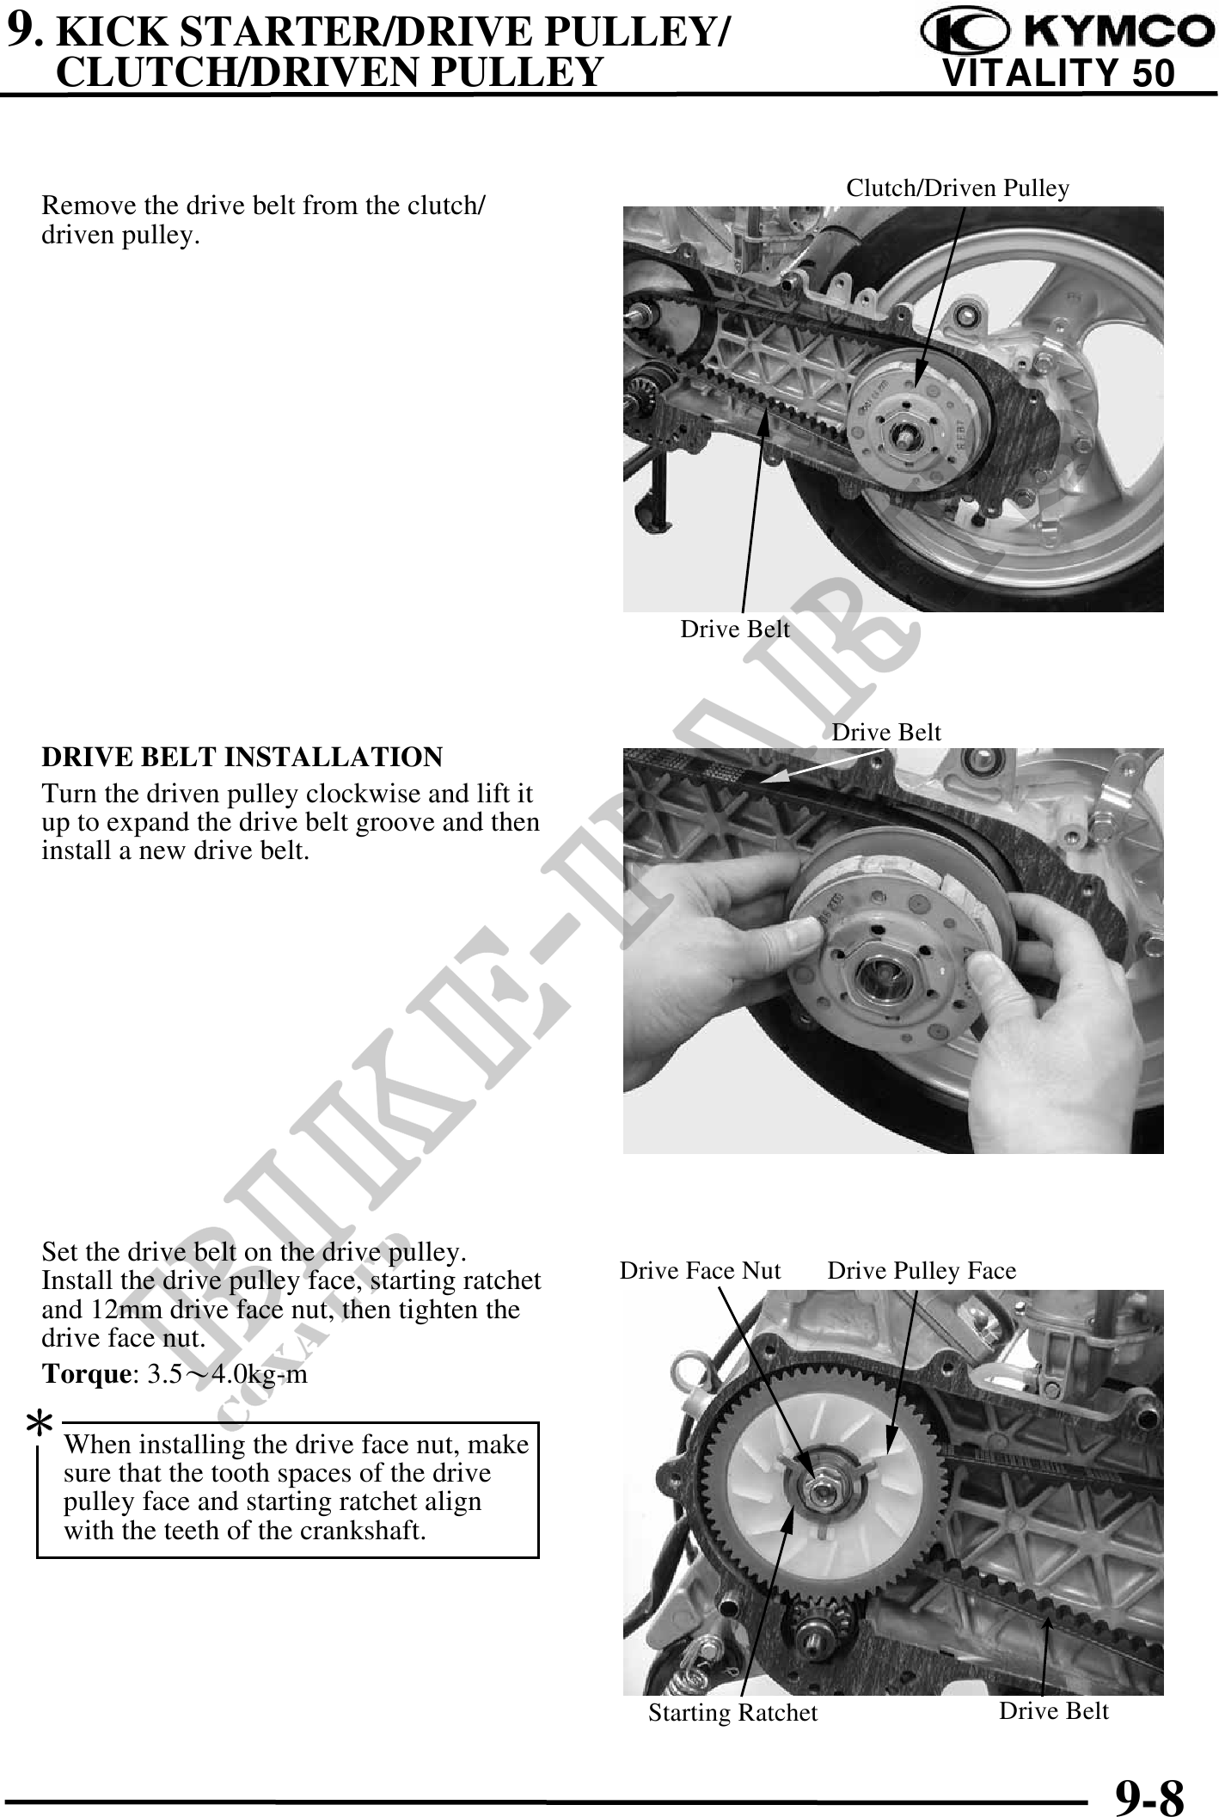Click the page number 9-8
1149,1795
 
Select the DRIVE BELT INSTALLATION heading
242,758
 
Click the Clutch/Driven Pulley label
958,188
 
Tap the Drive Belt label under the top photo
734,629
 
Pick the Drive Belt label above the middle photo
886,733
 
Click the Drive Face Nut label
700,1270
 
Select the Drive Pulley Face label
922,1270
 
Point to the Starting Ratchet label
732,1713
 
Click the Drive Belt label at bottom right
1053,1710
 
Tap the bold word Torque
85,1374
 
